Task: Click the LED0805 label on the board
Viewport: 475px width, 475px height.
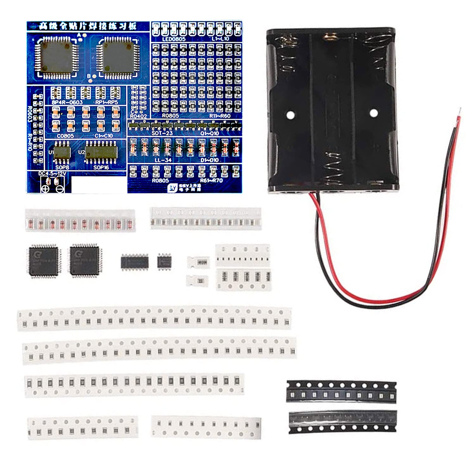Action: point(174,39)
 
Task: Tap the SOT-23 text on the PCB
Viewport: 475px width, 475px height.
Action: point(162,133)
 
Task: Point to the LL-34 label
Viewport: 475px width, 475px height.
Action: point(163,160)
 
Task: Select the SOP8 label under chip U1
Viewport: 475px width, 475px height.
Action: point(62,167)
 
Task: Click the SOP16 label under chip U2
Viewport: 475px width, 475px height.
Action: point(101,167)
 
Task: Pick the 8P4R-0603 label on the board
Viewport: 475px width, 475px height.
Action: point(67,102)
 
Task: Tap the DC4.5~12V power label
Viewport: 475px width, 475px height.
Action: point(52,174)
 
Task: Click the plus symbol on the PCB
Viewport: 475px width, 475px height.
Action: point(45,189)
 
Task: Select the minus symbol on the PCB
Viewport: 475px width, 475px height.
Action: point(60,189)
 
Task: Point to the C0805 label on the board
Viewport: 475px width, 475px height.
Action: point(65,136)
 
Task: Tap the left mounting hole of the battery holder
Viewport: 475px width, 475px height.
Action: point(290,115)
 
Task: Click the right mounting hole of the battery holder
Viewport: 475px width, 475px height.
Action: point(374,112)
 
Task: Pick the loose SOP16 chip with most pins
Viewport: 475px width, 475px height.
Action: point(135,262)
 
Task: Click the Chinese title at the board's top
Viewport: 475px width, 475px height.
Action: point(88,26)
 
